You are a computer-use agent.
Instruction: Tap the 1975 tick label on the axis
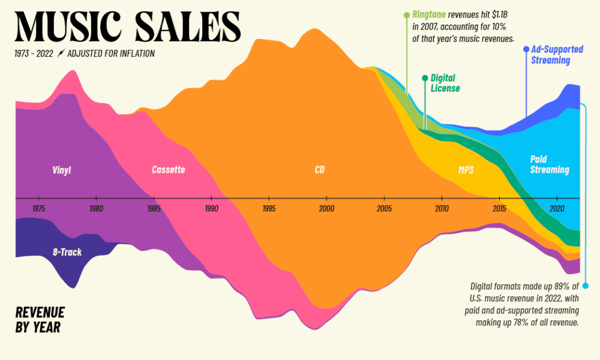click(x=38, y=208)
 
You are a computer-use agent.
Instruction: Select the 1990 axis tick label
click(x=211, y=208)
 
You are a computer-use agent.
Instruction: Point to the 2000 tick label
click(x=326, y=208)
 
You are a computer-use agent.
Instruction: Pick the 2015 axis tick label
click(x=499, y=208)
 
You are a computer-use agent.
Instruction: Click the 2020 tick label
click(x=557, y=208)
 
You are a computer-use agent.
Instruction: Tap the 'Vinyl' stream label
click(x=62, y=170)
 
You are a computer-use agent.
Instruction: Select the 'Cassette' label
click(x=169, y=170)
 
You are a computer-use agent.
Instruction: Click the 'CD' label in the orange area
click(x=319, y=170)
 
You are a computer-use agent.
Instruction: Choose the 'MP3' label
click(x=466, y=170)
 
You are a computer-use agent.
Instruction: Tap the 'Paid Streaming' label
click(x=550, y=164)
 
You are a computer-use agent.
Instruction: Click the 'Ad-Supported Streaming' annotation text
click(x=550, y=55)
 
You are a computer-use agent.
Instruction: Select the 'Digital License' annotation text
click(x=445, y=83)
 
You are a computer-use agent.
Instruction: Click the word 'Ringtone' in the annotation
click(x=429, y=14)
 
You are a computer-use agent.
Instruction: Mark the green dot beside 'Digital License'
click(x=425, y=78)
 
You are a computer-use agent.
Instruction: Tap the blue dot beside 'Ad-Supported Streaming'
click(x=526, y=49)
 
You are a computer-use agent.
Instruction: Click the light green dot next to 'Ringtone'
click(x=406, y=14)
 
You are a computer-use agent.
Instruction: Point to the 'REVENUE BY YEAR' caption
click(x=40, y=319)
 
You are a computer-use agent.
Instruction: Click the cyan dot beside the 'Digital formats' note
click(x=585, y=285)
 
